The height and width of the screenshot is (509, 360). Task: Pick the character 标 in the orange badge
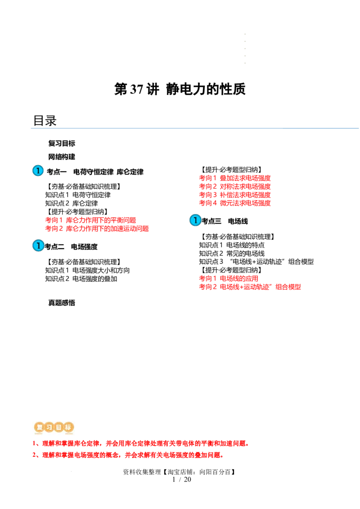[68, 428]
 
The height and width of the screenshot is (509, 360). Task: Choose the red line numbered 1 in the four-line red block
[235, 178]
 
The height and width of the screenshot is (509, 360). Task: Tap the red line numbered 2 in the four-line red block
[235, 186]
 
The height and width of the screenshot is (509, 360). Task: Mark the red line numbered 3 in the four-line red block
[235, 195]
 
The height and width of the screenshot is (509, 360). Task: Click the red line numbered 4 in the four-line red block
[235, 203]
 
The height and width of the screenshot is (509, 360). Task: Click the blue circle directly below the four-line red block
[195, 220]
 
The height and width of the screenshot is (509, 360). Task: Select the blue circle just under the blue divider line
[38, 170]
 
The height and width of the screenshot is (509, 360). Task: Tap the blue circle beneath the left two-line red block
[38, 246]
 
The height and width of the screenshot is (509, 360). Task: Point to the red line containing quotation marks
[250, 287]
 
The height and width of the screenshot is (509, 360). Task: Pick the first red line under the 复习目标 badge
[140, 444]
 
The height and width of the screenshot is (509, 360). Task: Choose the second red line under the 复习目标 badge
[128, 455]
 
